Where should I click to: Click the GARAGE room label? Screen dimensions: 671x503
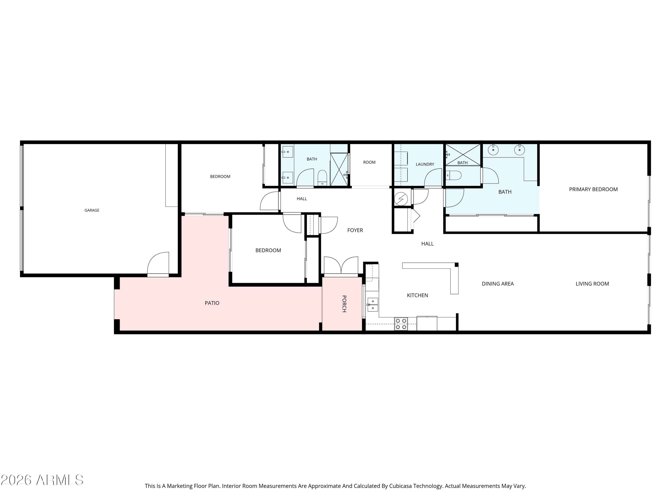(92, 210)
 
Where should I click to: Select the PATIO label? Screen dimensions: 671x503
(212, 303)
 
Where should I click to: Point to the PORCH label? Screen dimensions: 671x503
(344, 304)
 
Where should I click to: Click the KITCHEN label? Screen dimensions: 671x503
(417, 295)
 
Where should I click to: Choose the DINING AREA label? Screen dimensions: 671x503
(498, 284)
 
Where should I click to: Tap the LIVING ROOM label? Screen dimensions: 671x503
(592, 284)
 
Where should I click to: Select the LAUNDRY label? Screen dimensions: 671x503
(425, 164)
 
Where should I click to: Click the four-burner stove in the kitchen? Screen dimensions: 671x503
(401, 324)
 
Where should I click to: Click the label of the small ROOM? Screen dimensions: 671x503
(369, 162)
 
